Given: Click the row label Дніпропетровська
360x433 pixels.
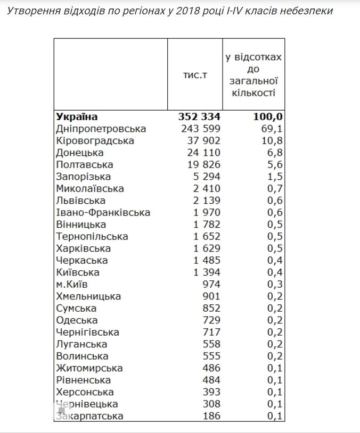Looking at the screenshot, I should pos(101,129).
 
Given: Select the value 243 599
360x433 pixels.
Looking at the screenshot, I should pos(195,129).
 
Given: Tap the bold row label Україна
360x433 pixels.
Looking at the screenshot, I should pos(77,116).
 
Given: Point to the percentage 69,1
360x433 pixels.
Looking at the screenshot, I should pos(272,129).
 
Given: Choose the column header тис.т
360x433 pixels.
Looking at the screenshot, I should pos(195,76).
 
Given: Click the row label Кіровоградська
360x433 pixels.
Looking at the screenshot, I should pos(95,141).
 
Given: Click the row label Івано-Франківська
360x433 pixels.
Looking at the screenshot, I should pos(103,213).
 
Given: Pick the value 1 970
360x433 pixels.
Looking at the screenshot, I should pos(203,213).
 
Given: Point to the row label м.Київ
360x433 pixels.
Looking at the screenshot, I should pos(72,285).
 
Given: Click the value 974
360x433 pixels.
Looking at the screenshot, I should pos(211,285).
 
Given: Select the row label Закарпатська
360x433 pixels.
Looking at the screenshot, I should pos(89,416).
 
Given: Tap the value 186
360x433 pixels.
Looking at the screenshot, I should pos(211,416).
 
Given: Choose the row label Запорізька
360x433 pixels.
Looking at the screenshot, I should pos(83,177).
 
